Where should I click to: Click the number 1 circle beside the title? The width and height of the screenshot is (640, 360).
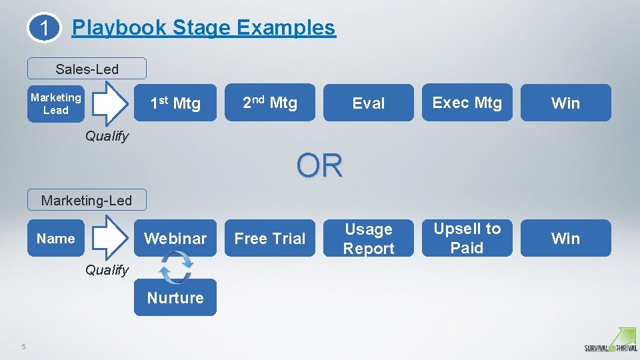click(44, 29)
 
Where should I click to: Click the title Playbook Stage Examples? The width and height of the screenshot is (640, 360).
click(203, 27)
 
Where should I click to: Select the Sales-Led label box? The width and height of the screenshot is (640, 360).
click(87, 69)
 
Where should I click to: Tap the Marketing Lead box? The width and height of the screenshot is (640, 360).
click(56, 103)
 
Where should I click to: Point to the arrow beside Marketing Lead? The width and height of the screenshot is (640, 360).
click(109, 103)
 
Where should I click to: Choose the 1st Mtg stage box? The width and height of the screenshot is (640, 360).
click(175, 103)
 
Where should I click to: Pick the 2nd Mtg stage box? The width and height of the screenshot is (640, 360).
click(270, 103)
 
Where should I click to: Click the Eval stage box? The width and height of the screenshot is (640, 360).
click(369, 103)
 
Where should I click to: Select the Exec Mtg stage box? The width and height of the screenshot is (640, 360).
click(467, 103)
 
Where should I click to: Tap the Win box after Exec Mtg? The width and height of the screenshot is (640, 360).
click(565, 103)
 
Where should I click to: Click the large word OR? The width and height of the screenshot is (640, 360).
click(320, 166)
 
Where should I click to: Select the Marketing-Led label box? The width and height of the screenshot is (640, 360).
click(87, 200)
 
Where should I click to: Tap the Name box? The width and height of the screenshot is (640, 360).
click(56, 238)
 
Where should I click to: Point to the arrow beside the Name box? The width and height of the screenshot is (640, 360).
click(109, 238)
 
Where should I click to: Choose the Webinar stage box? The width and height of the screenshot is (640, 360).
click(175, 238)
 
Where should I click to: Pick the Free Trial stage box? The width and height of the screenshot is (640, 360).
click(270, 238)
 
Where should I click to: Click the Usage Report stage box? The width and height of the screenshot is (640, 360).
click(369, 238)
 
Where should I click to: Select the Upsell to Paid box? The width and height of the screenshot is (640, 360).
click(467, 238)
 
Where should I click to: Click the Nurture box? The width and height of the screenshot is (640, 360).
click(175, 297)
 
